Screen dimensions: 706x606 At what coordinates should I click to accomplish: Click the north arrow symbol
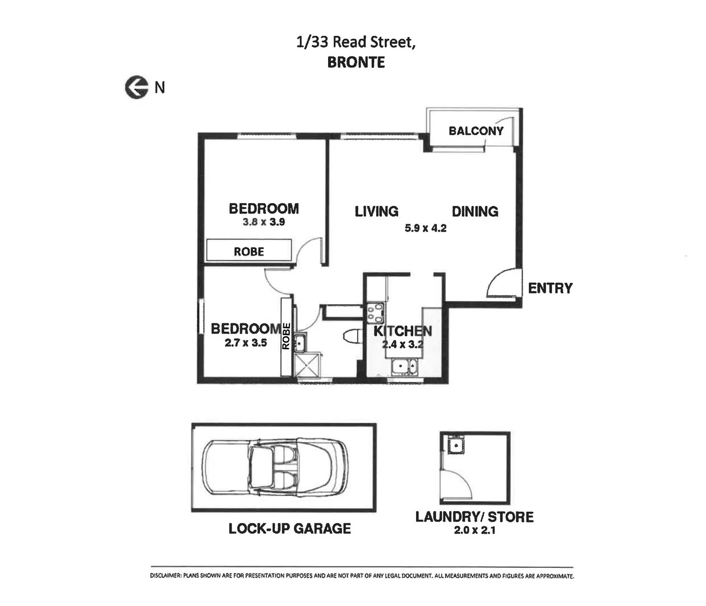(136, 88)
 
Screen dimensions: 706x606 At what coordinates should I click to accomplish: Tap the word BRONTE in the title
(356, 62)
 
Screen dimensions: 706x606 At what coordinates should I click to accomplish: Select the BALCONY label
(476, 131)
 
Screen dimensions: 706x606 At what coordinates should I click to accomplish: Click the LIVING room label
(376, 212)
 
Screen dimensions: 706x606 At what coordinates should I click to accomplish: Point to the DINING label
(475, 212)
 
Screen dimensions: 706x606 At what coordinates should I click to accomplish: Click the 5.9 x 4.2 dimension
(426, 228)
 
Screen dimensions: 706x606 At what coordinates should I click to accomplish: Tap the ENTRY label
(550, 288)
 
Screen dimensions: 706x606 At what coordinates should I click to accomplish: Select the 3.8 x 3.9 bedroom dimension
(264, 222)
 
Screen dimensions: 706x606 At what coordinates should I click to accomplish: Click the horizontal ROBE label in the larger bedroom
(249, 251)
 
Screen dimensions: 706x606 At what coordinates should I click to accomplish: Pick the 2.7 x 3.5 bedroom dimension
(246, 342)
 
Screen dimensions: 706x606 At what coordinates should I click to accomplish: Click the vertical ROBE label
(287, 336)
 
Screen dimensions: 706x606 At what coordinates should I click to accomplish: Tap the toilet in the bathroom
(352, 336)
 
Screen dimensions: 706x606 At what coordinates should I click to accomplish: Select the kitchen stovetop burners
(375, 313)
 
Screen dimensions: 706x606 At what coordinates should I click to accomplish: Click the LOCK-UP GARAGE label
(289, 528)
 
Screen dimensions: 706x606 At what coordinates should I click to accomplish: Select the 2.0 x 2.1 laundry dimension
(474, 530)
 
